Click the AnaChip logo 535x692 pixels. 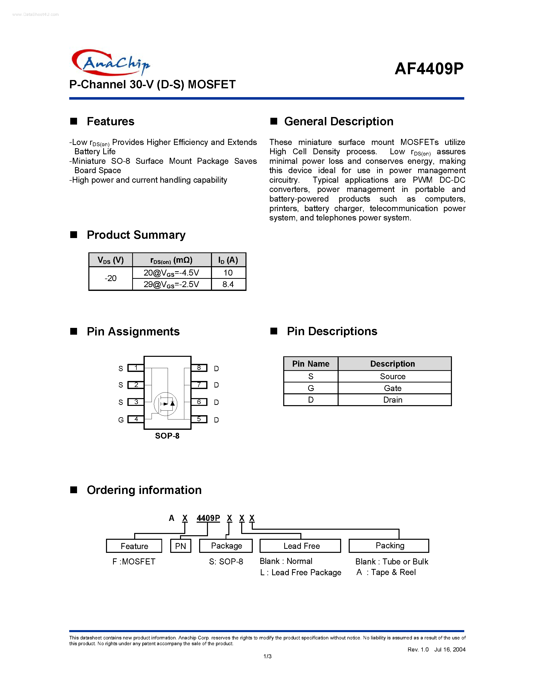click(111, 63)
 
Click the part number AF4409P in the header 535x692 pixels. click(429, 68)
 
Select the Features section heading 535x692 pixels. click(110, 121)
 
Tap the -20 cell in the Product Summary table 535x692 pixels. click(111, 279)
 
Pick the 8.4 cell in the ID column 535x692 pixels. click(228, 284)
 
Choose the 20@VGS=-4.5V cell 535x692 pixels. click(171, 273)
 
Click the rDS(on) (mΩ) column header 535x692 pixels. click(171, 260)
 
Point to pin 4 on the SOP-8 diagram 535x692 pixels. click(136, 419)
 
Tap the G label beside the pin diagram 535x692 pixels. click(121, 420)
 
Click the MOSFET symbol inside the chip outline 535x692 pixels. click(165, 404)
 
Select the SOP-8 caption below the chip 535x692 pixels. click(167, 436)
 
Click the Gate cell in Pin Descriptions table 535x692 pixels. click(393, 388)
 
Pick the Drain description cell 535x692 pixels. click(393, 400)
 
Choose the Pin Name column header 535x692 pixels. click(311, 364)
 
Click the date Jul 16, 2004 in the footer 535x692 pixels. click(449, 649)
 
